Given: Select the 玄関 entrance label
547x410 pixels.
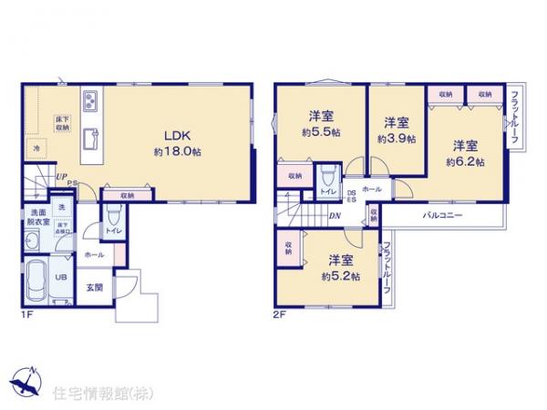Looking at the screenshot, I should [x=95, y=287].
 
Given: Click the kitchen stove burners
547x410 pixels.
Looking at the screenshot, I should [x=93, y=99].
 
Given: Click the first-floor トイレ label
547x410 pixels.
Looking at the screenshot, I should [x=112, y=231].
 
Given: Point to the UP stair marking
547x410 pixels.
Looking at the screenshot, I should [x=60, y=178].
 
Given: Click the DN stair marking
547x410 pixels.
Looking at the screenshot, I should [x=335, y=216].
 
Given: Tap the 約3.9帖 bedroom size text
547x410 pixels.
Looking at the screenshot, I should [x=397, y=139].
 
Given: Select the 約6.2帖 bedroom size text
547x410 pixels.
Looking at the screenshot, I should [x=465, y=162].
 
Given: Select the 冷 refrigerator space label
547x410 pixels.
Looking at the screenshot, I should [x=37, y=148].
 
